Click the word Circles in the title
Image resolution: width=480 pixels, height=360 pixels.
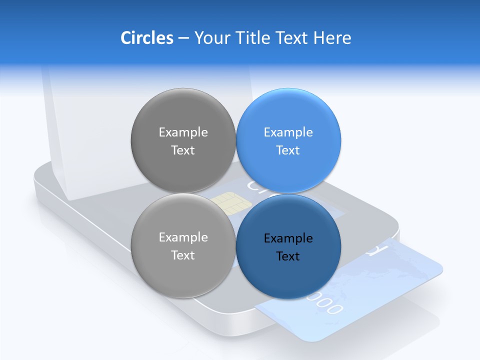[147, 38]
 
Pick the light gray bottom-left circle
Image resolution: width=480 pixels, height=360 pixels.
[183, 272]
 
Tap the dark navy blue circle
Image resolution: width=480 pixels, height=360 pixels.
[288, 275]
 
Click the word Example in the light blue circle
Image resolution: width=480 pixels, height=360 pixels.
[288, 132]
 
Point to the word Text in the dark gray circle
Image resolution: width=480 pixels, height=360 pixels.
[183, 150]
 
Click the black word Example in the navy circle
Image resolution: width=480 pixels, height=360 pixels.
[288, 238]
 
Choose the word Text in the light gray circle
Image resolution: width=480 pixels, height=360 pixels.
[183, 255]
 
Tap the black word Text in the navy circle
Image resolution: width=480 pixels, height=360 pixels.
[288, 256]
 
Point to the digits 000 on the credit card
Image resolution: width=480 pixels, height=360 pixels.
[327, 303]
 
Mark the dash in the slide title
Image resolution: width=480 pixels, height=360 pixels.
[183, 38]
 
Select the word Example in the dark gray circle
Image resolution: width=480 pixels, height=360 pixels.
[183, 132]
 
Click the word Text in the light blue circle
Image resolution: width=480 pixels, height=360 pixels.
[288, 150]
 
